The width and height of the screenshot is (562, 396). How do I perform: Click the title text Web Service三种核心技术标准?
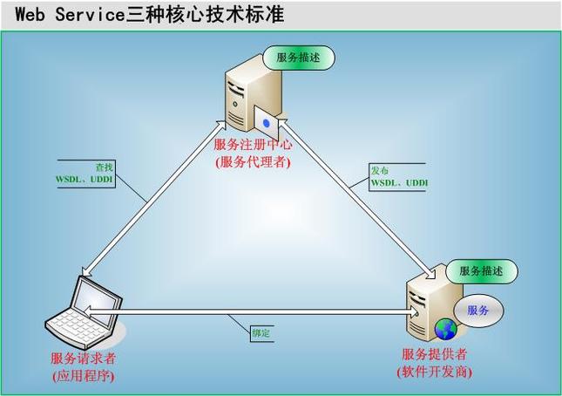(x=149, y=15)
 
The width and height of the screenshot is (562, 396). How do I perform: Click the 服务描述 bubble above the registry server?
(x=300, y=58)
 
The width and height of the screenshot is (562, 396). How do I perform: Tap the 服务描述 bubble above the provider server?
(x=481, y=270)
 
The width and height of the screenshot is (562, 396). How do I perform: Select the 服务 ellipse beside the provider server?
(x=478, y=310)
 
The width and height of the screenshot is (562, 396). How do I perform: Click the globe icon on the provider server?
(x=445, y=328)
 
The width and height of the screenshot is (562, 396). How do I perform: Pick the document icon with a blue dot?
(x=267, y=122)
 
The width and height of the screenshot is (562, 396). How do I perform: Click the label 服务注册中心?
(x=253, y=145)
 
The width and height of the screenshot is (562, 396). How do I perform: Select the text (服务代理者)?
(x=253, y=161)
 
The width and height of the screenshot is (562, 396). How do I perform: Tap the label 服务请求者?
(x=83, y=358)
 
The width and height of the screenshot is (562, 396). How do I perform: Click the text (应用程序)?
(x=83, y=376)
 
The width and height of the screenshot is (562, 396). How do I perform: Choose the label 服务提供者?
(x=434, y=354)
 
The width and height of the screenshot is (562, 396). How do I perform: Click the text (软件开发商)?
(x=434, y=372)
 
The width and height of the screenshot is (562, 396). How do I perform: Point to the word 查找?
(x=104, y=166)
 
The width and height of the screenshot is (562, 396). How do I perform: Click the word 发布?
(x=379, y=170)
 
